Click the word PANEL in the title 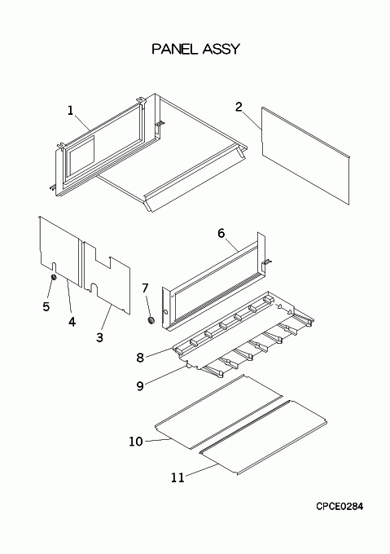175,49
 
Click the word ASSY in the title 221,49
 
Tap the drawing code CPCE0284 340,506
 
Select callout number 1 71,111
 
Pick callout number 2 239,107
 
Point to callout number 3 100,337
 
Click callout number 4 72,322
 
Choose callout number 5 46,306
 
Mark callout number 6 221,233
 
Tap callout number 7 145,288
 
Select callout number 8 140,358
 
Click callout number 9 140,386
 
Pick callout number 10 136,442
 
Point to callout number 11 177,477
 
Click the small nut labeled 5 54,277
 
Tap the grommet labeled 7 151,320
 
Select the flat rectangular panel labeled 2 305,156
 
